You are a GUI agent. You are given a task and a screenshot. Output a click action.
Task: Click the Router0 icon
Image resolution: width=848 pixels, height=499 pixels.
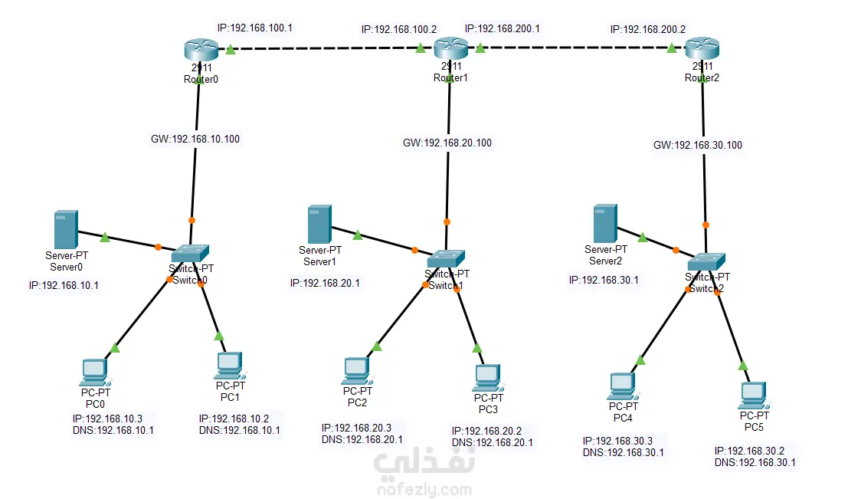(x=201, y=50)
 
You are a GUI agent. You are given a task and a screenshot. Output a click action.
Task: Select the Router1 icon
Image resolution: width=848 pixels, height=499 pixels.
(x=450, y=50)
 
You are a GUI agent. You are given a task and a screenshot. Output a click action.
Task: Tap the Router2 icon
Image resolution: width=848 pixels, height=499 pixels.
(x=702, y=50)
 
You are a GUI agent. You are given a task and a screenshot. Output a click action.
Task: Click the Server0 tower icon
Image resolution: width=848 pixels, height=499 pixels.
(x=65, y=229)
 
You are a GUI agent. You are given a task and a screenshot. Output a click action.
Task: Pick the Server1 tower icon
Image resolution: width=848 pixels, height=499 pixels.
(x=319, y=224)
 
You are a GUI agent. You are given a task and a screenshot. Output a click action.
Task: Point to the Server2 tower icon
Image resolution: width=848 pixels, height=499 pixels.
(x=605, y=223)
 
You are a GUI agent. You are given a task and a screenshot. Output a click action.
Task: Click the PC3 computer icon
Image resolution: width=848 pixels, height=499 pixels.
(x=488, y=376)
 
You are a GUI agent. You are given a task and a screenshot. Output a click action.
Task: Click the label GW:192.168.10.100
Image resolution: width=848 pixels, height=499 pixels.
(x=196, y=140)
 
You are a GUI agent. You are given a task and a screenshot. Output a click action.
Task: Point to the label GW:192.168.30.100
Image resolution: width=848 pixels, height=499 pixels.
(x=698, y=145)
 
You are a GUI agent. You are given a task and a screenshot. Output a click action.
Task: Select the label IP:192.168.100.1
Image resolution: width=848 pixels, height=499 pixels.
(x=255, y=28)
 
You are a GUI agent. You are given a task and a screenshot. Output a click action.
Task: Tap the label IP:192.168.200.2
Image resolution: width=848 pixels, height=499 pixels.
(x=647, y=29)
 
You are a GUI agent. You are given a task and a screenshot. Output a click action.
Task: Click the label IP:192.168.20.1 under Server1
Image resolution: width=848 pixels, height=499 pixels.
(x=325, y=283)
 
